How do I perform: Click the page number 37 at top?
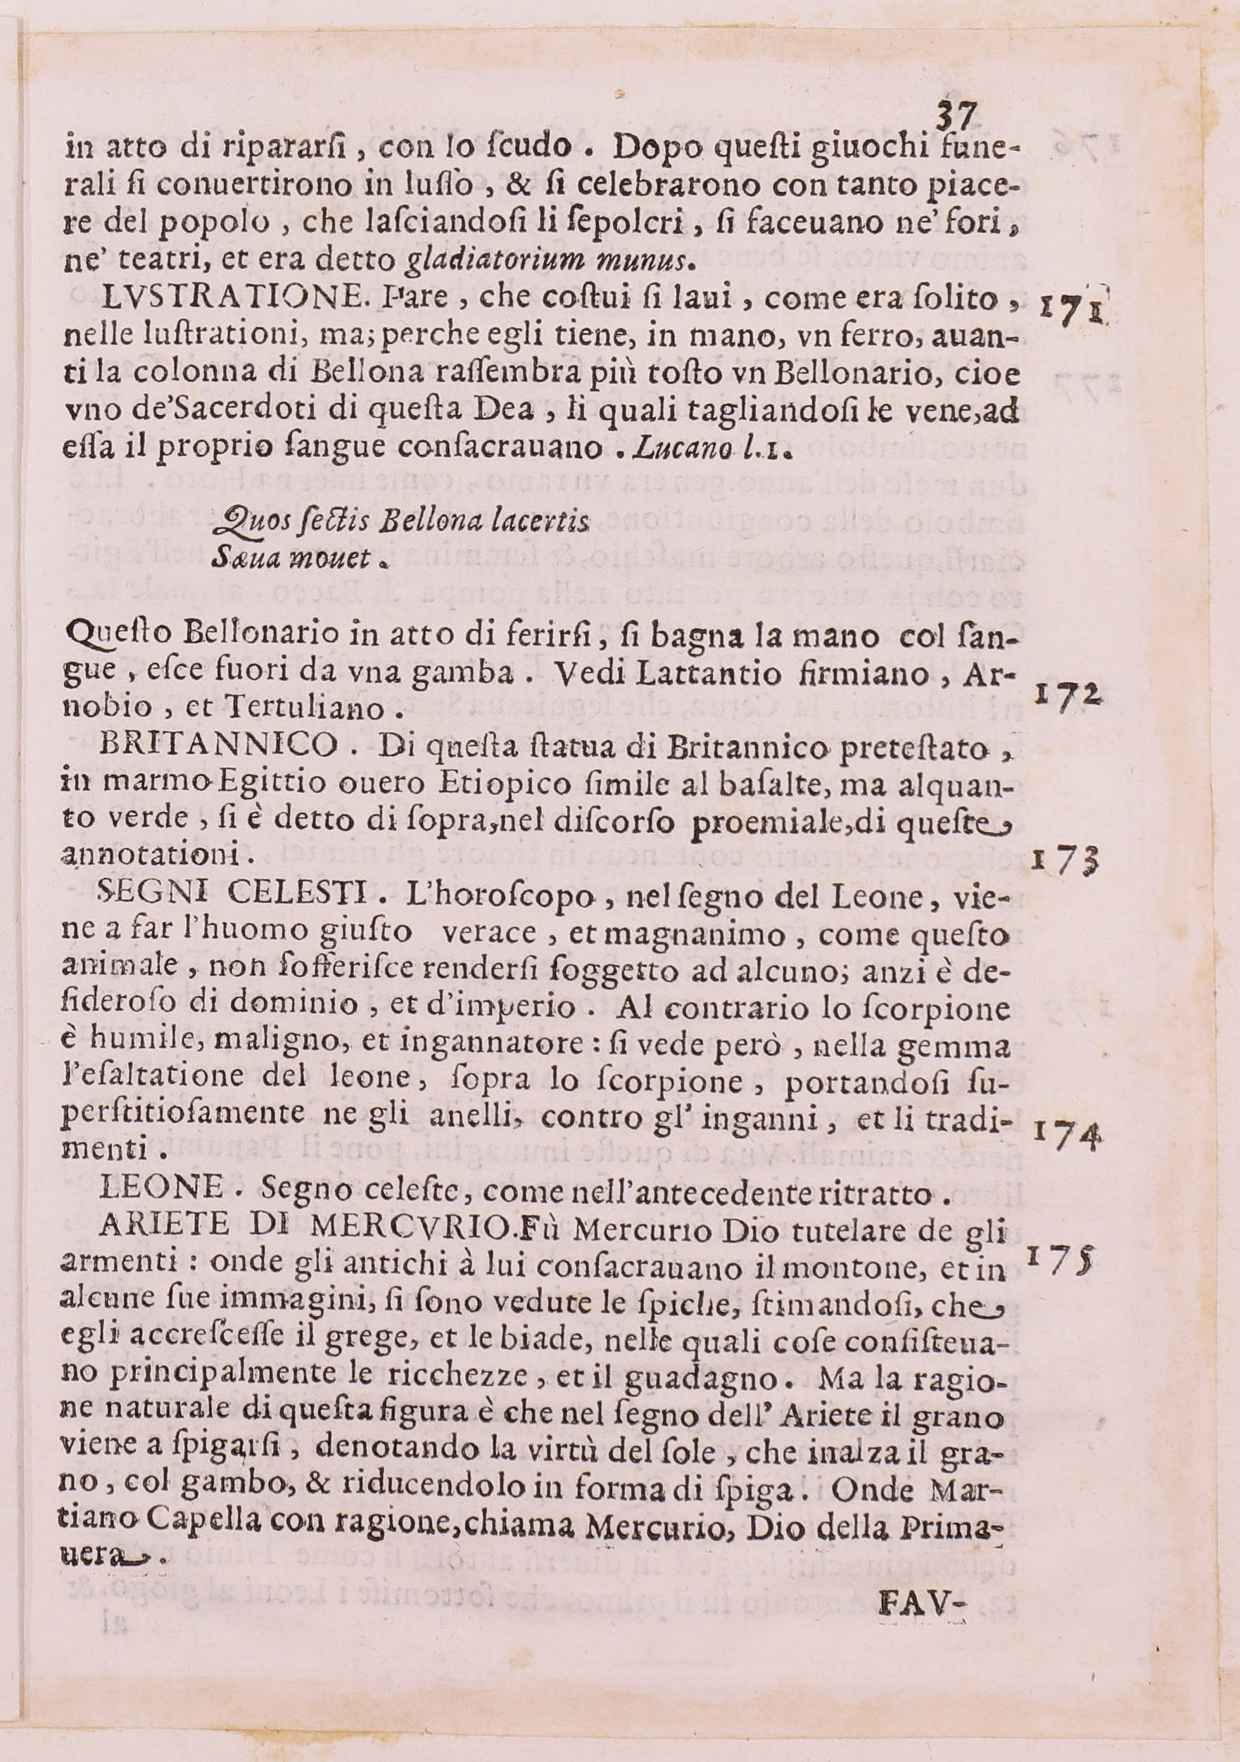[x=956, y=117]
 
